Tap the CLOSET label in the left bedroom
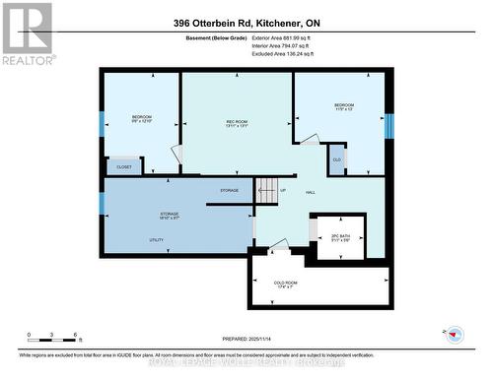coord(124,167)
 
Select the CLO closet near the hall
coord(336,159)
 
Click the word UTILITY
coord(128,240)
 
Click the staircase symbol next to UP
coord(267,191)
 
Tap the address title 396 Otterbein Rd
coord(246,22)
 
